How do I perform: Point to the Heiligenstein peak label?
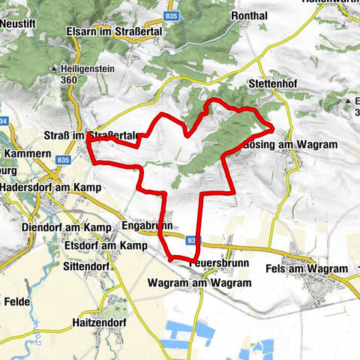coord(84,69)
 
